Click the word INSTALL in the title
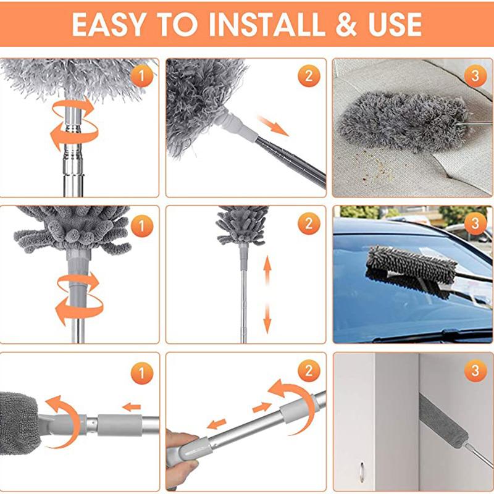[267, 24]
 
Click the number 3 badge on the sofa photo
[475, 76]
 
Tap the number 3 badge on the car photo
[475, 224]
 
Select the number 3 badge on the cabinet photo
[475, 371]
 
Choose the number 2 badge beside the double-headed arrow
[308, 224]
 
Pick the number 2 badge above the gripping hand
[308, 371]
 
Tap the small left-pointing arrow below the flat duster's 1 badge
[131, 407]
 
